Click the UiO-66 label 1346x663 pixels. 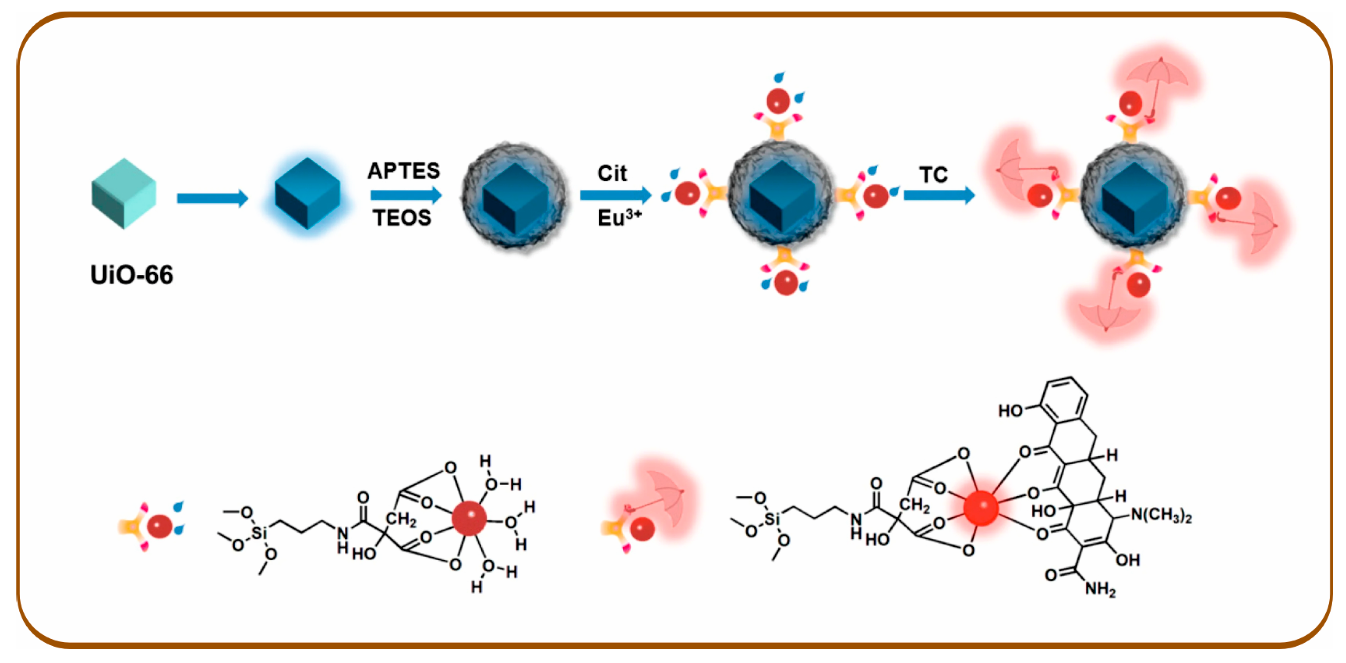[131, 275]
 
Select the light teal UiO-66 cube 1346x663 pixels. [123, 193]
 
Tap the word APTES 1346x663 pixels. [404, 171]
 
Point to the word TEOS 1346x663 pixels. [402, 217]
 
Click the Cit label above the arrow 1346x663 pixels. [612, 173]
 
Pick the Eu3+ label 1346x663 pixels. [619, 217]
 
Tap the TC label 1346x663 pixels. [933, 175]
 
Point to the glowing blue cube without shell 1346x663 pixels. [307, 193]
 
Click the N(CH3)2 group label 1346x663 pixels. [1161, 516]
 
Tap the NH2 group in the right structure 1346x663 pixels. [1100, 589]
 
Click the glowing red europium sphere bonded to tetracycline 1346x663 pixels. [980, 508]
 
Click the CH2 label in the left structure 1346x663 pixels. [401, 519]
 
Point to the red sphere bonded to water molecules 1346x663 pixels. [469, 518]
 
